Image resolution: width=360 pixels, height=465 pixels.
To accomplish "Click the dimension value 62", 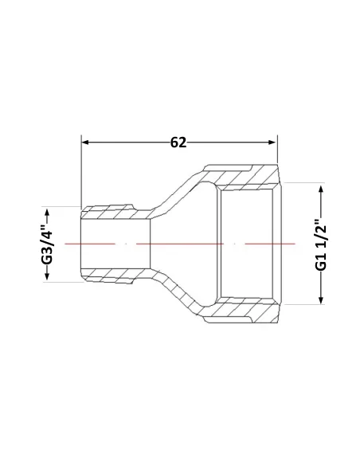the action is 178,143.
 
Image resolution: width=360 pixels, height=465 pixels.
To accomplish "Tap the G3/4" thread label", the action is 47,244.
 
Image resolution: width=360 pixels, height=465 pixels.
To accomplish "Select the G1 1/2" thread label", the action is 321,244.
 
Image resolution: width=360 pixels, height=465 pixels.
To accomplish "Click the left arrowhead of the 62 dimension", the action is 85,143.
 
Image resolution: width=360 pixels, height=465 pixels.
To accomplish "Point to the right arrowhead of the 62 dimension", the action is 272,143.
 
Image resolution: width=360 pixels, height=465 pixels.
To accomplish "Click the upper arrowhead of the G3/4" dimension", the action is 47,213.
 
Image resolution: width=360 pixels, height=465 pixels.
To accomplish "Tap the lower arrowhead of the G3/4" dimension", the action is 47,276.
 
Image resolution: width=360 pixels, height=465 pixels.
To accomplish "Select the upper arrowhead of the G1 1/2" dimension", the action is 321,190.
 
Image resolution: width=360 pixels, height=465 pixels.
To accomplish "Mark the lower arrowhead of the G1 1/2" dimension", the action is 321,299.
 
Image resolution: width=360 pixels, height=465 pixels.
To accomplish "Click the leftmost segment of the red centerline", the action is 90,244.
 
